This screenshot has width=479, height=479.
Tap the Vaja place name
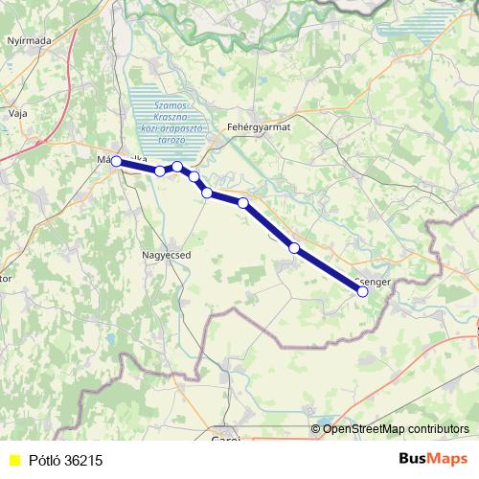(17, 112)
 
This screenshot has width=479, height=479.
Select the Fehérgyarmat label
(258, 125)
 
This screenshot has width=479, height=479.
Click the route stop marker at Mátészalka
(117, 162)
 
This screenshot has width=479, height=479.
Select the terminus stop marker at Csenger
(363, 292)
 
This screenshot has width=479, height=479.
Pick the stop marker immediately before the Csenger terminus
(294, 248)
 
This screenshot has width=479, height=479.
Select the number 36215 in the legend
(84, 461)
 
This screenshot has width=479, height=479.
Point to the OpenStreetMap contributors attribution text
(396, 429)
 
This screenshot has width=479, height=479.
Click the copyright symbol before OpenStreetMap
(315, 429)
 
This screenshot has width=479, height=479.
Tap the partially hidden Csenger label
(374, 282)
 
